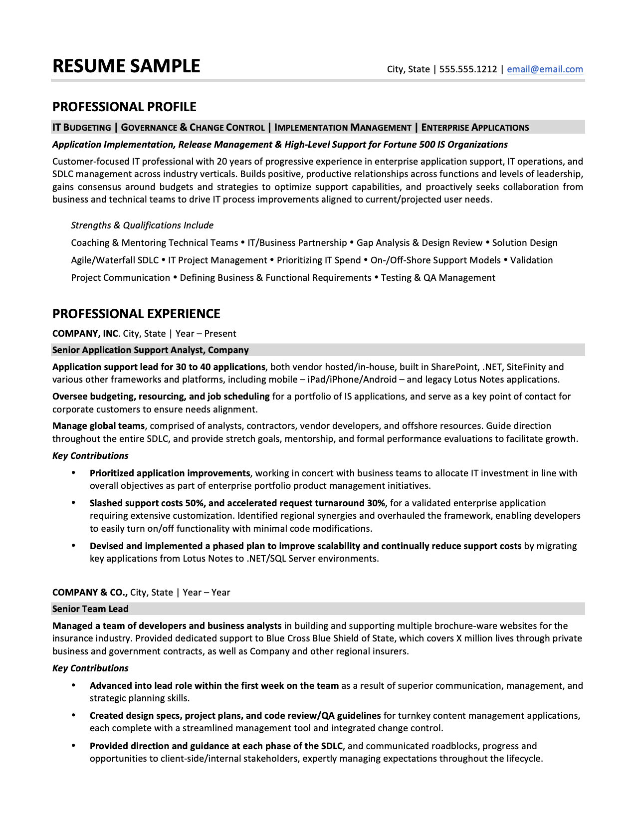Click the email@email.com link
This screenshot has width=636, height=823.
click(545, 69)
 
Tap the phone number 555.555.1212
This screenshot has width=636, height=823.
click(468, 69)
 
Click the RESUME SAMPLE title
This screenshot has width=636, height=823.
click(126, 66)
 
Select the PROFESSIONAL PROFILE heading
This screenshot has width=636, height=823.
click(124, 107)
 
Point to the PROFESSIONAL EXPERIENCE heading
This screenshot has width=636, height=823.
click(136, 314)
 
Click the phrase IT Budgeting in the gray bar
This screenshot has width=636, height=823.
click(82, 128)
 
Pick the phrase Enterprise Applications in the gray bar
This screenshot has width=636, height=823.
click(475, 128)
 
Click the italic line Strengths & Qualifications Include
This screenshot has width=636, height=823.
click(142, 225)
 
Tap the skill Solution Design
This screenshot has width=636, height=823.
click(525, 243)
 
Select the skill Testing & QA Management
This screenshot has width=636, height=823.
click(438, 278)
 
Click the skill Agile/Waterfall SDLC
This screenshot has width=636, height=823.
click(115, 260)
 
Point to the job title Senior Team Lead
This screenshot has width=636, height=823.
click(90, 609)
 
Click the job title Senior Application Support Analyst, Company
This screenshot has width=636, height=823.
click(150, 350)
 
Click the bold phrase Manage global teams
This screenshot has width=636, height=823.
click(98, 426)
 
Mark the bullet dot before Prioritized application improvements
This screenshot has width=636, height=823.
click(74, 473)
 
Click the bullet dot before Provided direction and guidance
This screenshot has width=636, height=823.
click(74, 746)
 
